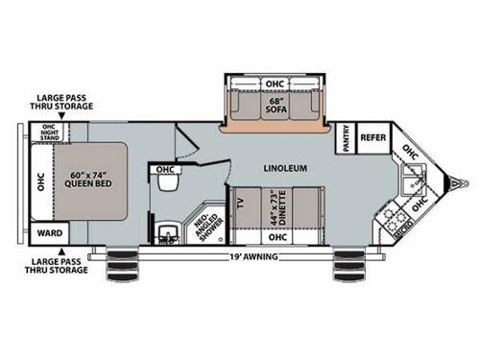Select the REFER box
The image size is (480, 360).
click(x=372, y=137)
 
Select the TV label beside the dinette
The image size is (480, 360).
click(x=240, y=203)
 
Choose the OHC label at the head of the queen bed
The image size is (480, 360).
click(x=39, y=181)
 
